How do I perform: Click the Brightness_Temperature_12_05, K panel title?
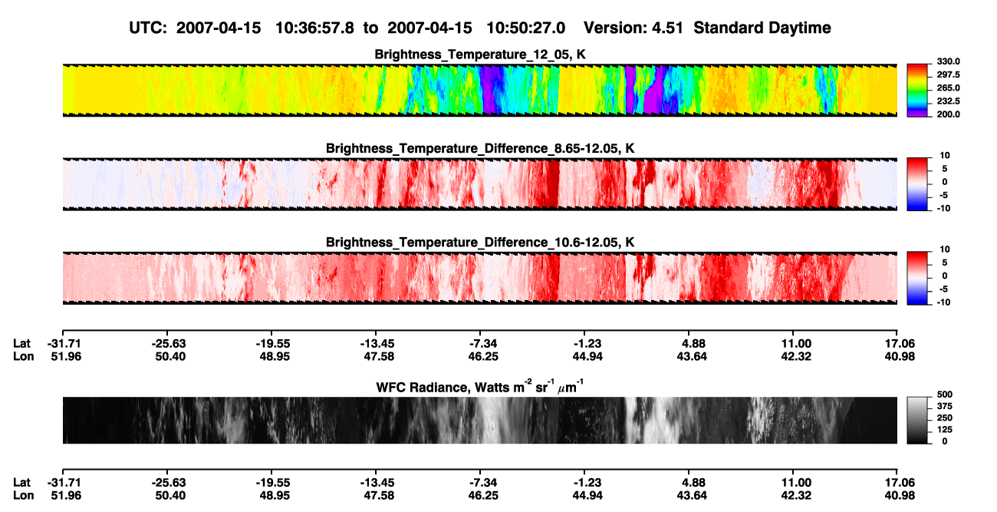tap(480, 55)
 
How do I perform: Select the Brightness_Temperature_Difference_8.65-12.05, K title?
tap(480, 148)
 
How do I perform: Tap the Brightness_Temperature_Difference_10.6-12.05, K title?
tap(480, 243)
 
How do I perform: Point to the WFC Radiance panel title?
tap(480, 387)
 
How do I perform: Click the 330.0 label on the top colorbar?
tap(948, 61)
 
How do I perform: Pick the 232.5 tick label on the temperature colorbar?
tap(948, 101)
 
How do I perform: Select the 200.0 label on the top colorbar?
tap(948, 114)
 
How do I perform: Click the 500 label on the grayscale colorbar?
tap(944, 395)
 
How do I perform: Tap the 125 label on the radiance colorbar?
tap(944, 430)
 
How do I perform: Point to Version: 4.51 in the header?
tap(633, 28)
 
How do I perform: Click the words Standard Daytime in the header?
tap(762, 28)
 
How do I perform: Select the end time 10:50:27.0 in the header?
tap(525, 28)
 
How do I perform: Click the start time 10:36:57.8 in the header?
tap(314, 28)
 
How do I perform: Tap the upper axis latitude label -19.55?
tap(273, 344)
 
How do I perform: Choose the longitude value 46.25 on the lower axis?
tap(483, 496)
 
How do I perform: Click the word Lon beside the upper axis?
tap(23, 356)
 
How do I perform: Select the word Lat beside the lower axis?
tap(21, 483)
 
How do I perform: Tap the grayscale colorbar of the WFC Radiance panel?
tap(917, 420)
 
